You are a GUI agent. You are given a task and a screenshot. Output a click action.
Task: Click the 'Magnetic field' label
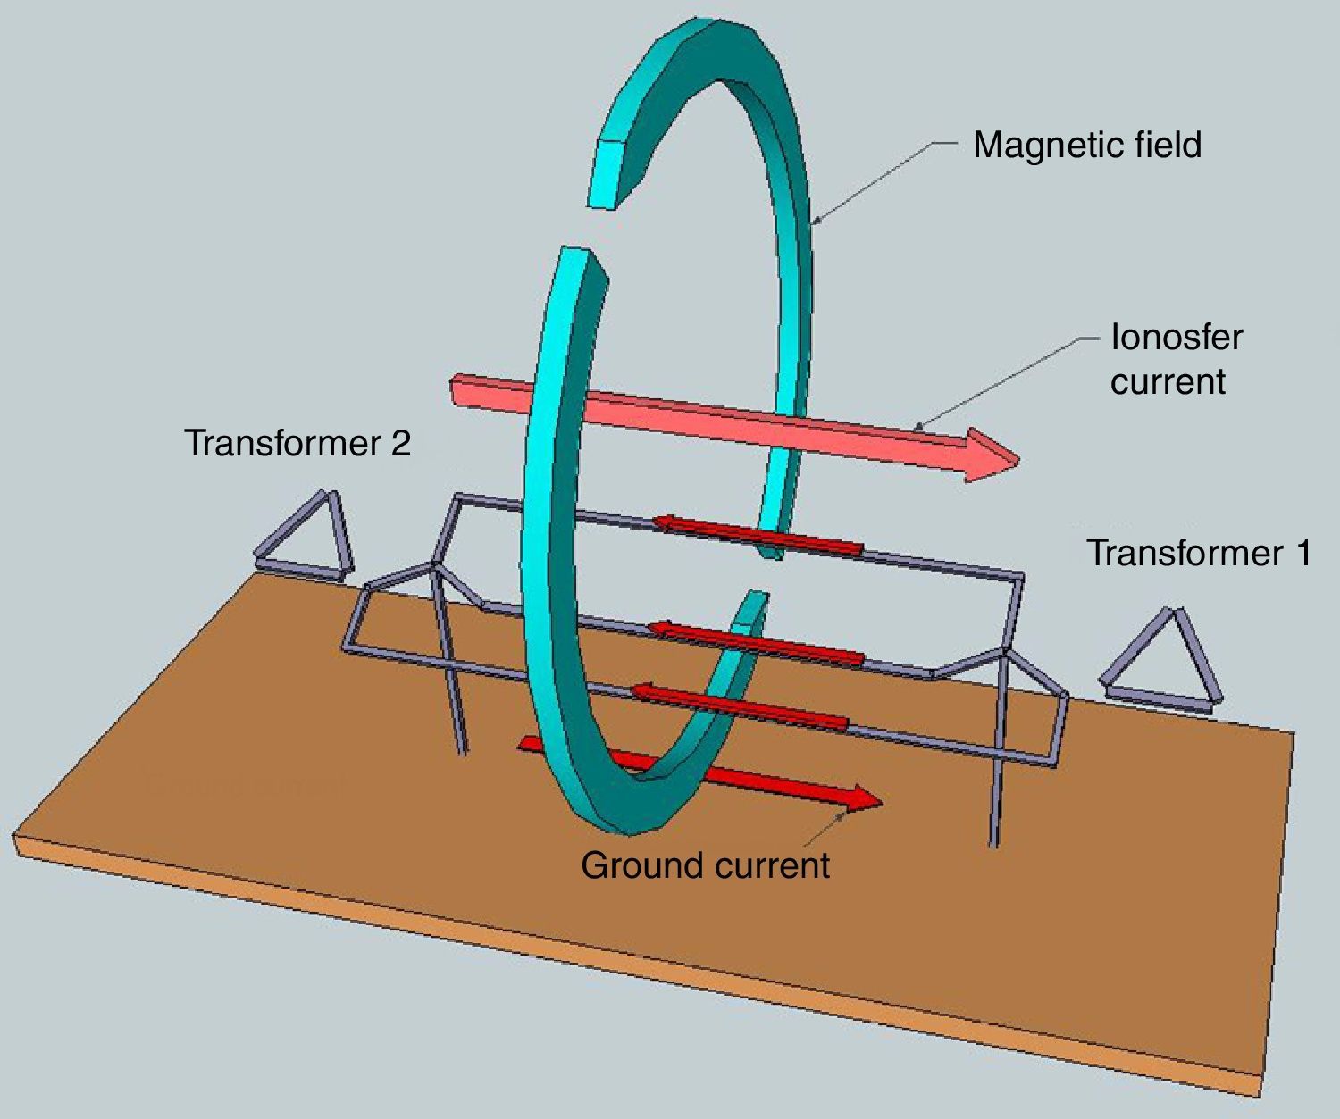click(1086, 145)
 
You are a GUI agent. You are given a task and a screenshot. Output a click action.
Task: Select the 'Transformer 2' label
click(297, 443)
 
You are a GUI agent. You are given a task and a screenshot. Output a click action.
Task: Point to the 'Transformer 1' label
click(1199, 553)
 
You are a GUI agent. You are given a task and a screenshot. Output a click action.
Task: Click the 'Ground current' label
click(705, 865)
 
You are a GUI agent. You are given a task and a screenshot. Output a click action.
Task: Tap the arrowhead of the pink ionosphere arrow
click(992, 454)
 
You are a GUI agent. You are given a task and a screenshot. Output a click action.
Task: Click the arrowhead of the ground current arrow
click(864, 797)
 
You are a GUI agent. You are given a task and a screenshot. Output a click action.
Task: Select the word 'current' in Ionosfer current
click(1168, 382)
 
